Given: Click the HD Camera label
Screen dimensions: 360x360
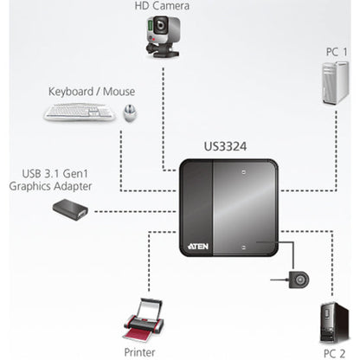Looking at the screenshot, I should click(x=162, y=7).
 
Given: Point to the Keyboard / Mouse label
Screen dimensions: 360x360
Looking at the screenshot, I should click(x=92, y=91).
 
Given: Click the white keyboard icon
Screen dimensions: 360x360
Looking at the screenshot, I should click(x=79, y=112).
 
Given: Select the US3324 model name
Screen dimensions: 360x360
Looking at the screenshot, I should click(x=228, y=148).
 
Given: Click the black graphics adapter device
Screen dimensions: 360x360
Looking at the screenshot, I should click(x=69, y=209).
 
